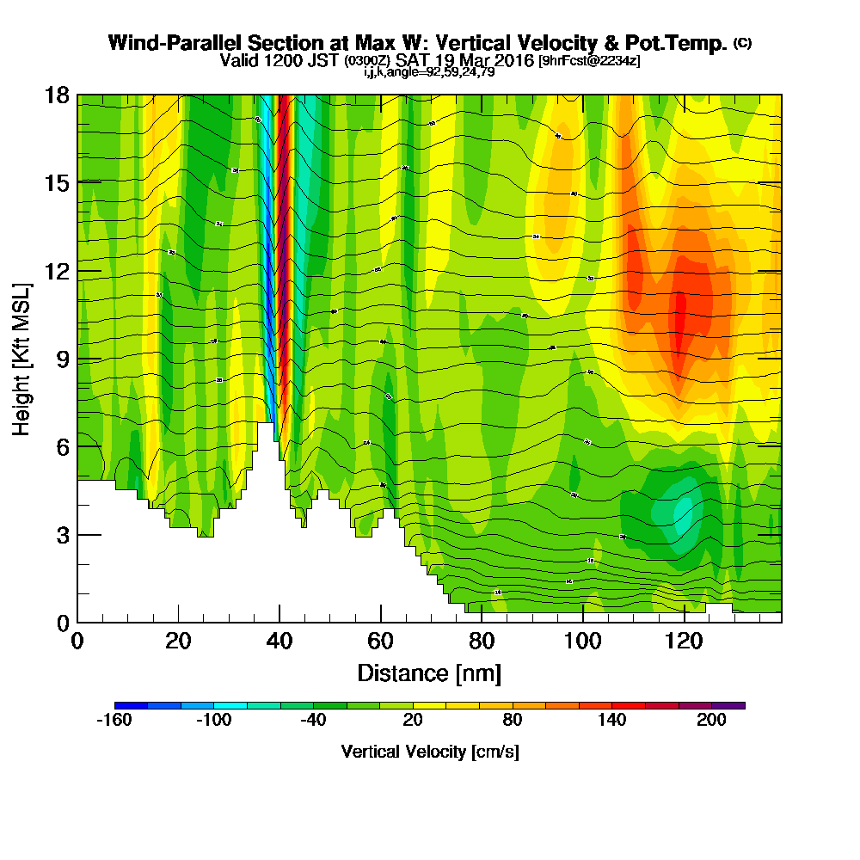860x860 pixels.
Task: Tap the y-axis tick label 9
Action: coord(61,359)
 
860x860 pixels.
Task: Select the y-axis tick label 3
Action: coord(61,535)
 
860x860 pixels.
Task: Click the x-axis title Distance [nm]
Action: coord(429,672)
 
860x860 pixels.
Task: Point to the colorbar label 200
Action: coord(711,721)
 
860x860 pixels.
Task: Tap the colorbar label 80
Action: coord(513,721)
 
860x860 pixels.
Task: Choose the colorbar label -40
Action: coord(313,721)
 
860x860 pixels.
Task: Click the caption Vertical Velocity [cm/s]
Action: coord(429,752)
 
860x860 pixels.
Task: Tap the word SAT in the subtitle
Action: coord(413,61)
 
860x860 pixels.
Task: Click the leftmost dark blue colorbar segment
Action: coord(131,705)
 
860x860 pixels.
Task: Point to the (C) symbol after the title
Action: coord(742,42)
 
